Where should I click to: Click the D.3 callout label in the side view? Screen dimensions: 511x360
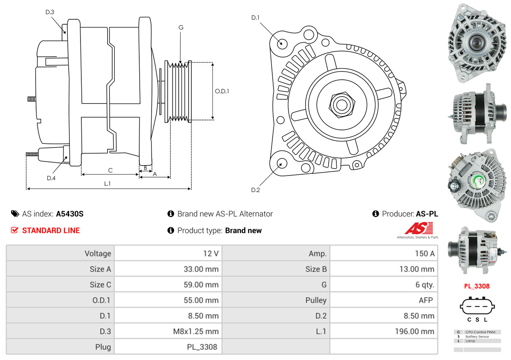[x=50, y=12]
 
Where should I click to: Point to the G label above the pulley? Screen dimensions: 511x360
[x=181, y=28]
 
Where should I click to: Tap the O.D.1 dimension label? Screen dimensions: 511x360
[x=222, y=91]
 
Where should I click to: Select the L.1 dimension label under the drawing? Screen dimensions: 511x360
[x=108, y=184]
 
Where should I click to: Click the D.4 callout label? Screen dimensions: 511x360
[x=51, y=178]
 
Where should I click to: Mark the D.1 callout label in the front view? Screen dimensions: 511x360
[x=255, y=18]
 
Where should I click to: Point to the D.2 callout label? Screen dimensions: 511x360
[x=255, y=190]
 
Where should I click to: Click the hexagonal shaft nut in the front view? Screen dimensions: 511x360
[x=342, y=105]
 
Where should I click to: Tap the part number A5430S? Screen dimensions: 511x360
[x=70, y=214]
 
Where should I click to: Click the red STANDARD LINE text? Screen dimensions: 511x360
[x=51, y=231]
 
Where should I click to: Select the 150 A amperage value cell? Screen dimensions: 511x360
[x=384, y=254]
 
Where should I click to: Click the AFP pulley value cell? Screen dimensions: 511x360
[x=384, y=300]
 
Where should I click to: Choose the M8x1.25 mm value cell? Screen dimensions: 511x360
[x=168, y=331]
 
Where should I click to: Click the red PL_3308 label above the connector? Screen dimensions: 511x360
[x=477, y=286]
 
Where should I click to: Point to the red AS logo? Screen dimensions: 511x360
[x=419, y=228]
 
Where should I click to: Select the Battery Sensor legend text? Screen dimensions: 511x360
[x=477, y=337]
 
